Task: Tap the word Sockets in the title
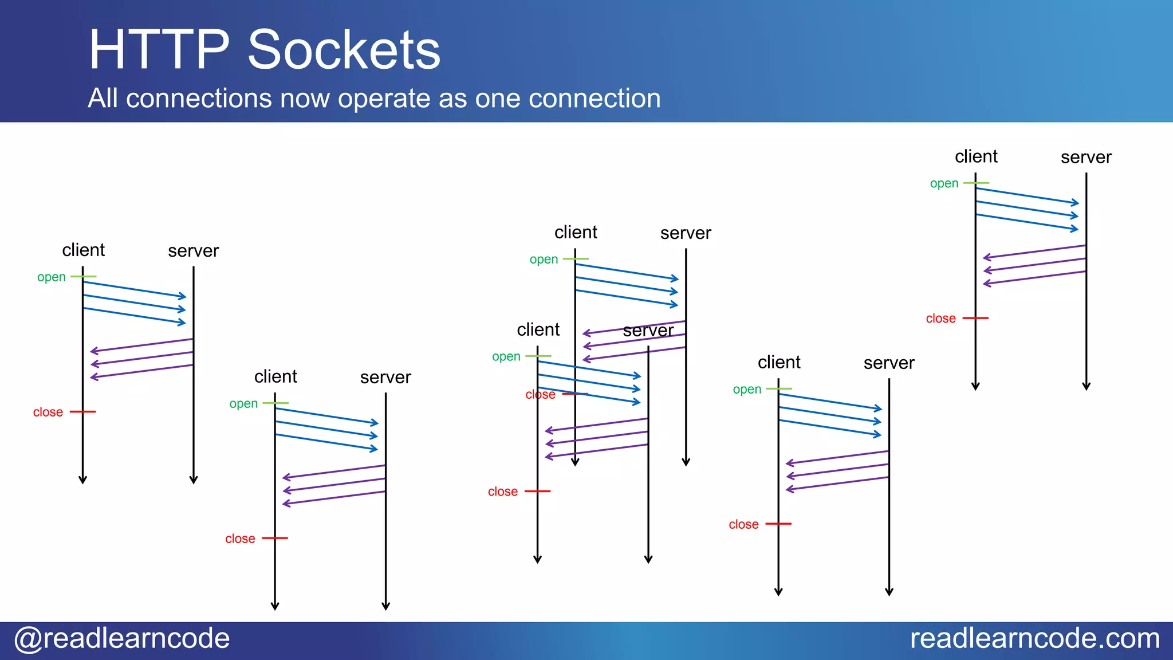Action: pyautogui.click(x=344, y=50)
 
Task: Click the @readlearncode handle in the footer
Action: pyautogui.click(x=121, y=638)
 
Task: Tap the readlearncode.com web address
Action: pyautogui.click(x=1034, y=638)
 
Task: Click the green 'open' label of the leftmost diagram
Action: pyautogui.click(x=52, y=277)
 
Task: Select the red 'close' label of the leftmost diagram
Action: pyautogui.click(x=48, y=412)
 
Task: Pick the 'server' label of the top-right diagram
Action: pyautogui.click(x=1086, y=157)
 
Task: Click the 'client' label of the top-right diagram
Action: pyautogui.click(x=976, y=156)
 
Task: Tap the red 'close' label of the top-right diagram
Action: pyautogui.click(x=940, y=319)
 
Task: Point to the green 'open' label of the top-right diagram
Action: pyautogui.click(x=944, y=184)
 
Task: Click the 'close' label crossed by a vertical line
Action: pyautogui.click(x=541, y=395)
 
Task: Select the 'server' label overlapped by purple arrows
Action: pyautogui.click(x=648, y=331)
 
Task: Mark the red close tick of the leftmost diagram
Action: pyautogui.click(x=82, y=411)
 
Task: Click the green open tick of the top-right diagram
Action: pyautogui.click(x=976, y=183)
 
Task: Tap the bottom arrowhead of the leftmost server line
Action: pyautogui.click(x=194, y=480)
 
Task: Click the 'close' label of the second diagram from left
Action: pyautogui.click(x=240, y=539)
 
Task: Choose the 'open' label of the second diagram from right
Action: pyautogui.click(x=747, y=390)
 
